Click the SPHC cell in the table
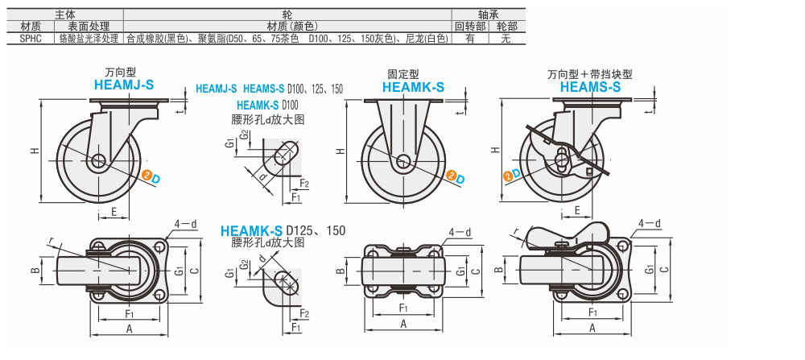tap(29, 38)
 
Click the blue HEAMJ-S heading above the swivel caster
tap(124, 84)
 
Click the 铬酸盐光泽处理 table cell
tap(89, 38)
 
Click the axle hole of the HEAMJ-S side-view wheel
tap(99, 161)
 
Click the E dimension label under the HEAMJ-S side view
tap(114, 211)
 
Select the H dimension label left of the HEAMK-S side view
tap(341, 151)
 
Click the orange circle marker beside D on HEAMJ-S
tap(147, 174)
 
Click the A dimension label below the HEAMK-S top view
tap(402, 323)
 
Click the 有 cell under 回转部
tap(469, 38)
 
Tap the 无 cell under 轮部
tap(506, 38)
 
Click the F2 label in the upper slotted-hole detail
tap(305, 184)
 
